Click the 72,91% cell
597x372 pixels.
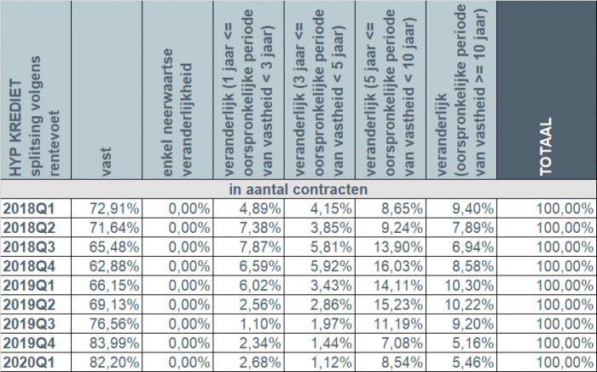[115, 207]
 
